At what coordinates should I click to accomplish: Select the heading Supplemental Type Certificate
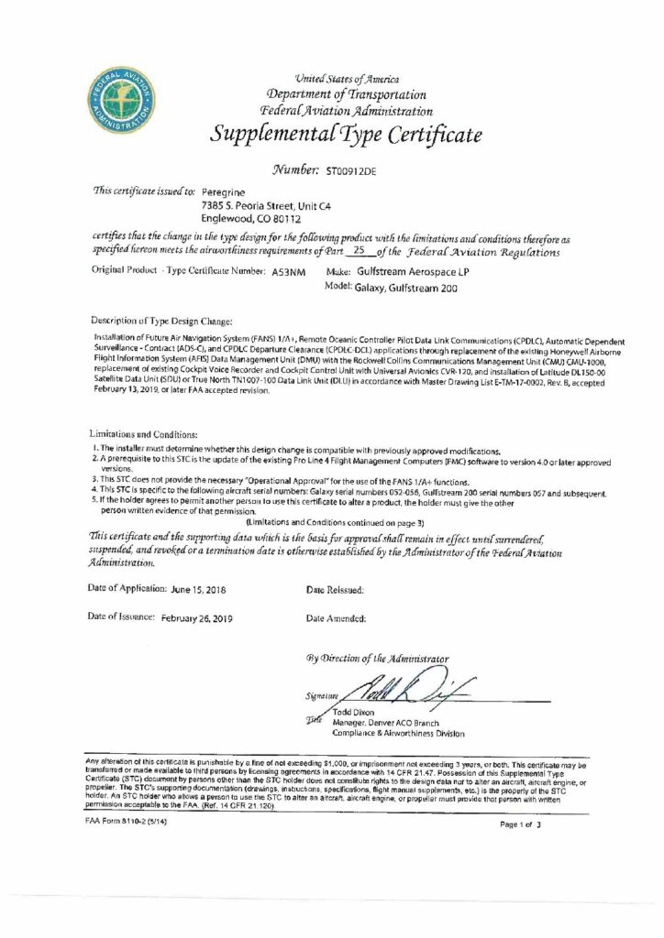coord(346,137)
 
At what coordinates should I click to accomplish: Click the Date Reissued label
coord(335,590)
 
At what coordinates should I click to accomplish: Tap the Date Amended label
coord(336,619)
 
